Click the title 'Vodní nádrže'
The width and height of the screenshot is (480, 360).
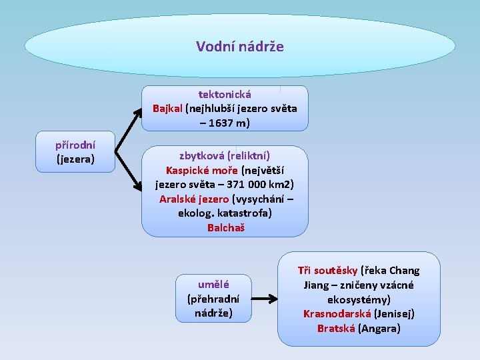[x=240, y=47]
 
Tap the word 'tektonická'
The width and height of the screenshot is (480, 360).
[x=225, y=95]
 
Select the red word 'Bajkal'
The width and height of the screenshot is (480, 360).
[x=167, y=109]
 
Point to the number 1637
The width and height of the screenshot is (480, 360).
[x=227, y=123]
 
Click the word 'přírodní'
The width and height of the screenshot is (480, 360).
[x=75, y=145]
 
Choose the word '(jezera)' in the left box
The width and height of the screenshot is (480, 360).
[x=75, y=159]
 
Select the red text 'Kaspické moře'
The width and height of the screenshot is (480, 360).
[x=202, y=169]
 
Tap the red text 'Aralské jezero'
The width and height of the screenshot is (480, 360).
[x=194, y=199]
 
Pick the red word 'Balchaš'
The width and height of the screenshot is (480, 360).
[x=225, y=227]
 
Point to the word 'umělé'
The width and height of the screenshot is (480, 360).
[x=213, y=284]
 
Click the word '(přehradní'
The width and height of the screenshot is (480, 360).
[x=213, y=299]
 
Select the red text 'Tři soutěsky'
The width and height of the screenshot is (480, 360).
[x=327, y=271]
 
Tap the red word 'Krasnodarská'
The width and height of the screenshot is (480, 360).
[x=337, y=313]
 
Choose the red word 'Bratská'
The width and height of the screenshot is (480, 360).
[x=336, y=328]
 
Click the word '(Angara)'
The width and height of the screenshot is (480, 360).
[x=379, y=328]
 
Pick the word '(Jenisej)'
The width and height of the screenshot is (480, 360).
[x=395, y=313]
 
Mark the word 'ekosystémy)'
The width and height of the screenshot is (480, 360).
[x=359, y=299]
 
